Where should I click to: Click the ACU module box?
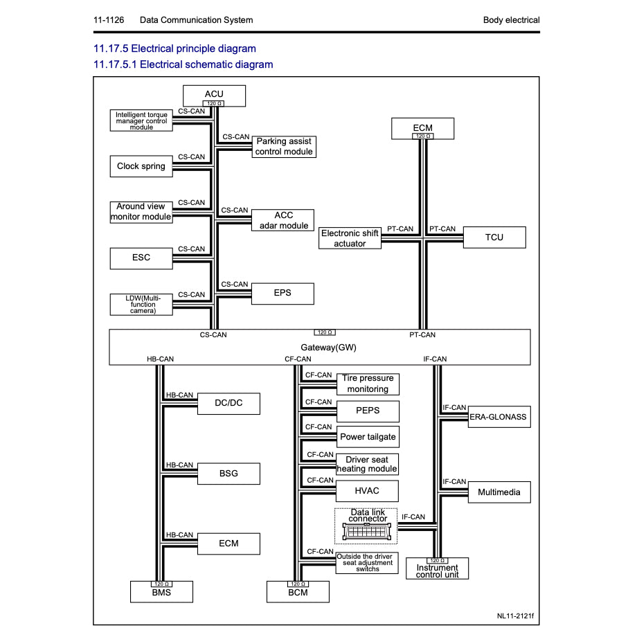pos(214,94)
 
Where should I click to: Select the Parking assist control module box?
pos(284,146)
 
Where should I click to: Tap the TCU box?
pos(494,237)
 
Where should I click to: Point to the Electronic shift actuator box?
pos(350,238)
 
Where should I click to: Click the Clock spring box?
pos(141,166)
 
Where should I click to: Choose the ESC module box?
pos(141,258)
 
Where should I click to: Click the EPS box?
pos(282,293)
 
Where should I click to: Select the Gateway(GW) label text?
pos(328,347)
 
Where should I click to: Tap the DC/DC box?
pos(228,404)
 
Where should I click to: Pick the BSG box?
pos(228,474)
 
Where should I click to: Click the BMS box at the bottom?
pos(161,593)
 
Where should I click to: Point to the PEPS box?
pos(368,411)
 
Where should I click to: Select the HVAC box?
pos(368,491)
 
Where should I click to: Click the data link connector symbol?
pos(367,531)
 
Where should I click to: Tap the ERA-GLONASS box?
pos(499,417)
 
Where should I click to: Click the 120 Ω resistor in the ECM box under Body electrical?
pos(422,136)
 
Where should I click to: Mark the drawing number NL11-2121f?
pos(515,615)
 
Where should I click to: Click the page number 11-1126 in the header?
pos(109,20)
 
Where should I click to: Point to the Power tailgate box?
pos(368,437)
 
